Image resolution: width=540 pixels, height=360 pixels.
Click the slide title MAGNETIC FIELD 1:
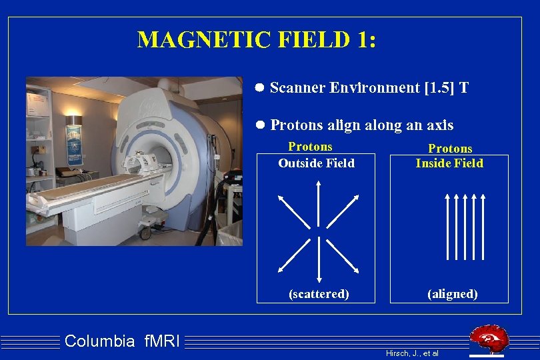(257, 39)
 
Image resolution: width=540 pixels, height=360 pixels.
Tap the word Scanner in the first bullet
(297, 88)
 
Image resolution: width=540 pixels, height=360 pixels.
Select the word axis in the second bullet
(438, 125)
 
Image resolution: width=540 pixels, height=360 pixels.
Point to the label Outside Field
(316, 163)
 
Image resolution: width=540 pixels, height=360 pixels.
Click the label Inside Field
(449, 163)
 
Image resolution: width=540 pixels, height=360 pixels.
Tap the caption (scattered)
(319, 294)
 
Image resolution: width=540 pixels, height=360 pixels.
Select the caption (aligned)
(453, 294)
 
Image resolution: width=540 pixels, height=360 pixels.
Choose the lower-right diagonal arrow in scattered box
(345, 257)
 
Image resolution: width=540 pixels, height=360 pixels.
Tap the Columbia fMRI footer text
(123, 342)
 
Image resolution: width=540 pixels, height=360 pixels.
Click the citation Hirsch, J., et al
(412, 353)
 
